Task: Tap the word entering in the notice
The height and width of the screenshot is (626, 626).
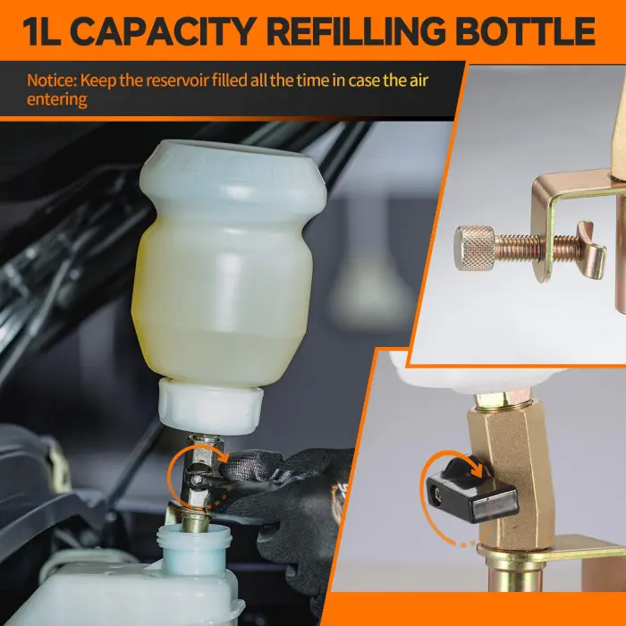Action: point(56,98)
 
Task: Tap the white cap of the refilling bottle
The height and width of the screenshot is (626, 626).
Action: point(211,405)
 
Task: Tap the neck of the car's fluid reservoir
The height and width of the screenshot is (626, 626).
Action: point(193,546)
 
